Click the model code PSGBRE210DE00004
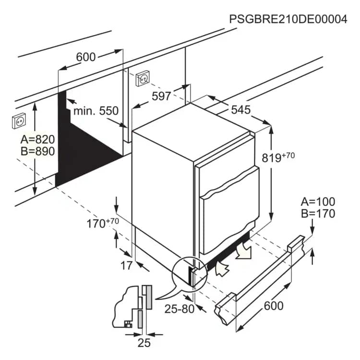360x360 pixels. tap(288, 19)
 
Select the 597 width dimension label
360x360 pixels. tap(161, 96)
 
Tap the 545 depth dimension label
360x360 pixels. tap(240, 110)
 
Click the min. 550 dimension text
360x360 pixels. tap(96, 111)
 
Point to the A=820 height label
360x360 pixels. tap(37, 139)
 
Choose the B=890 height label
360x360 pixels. tap(37, 151)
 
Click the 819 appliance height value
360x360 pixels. tap(272, 158)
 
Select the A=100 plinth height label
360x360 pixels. tap(318, 202)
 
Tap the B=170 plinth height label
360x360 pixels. tap(318, 214)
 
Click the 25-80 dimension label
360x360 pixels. tap(180, 309)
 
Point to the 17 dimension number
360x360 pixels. tap(127, 265)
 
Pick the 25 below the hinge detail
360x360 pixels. tap(144, 343)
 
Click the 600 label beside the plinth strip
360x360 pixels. tap(274, 306)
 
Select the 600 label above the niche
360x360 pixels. tap(85, 57)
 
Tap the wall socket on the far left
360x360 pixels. tap(19, 121)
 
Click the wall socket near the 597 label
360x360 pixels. tap(143, 79)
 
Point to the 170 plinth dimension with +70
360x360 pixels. tap(103, 223)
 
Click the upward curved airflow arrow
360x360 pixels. tap(222, 269)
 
